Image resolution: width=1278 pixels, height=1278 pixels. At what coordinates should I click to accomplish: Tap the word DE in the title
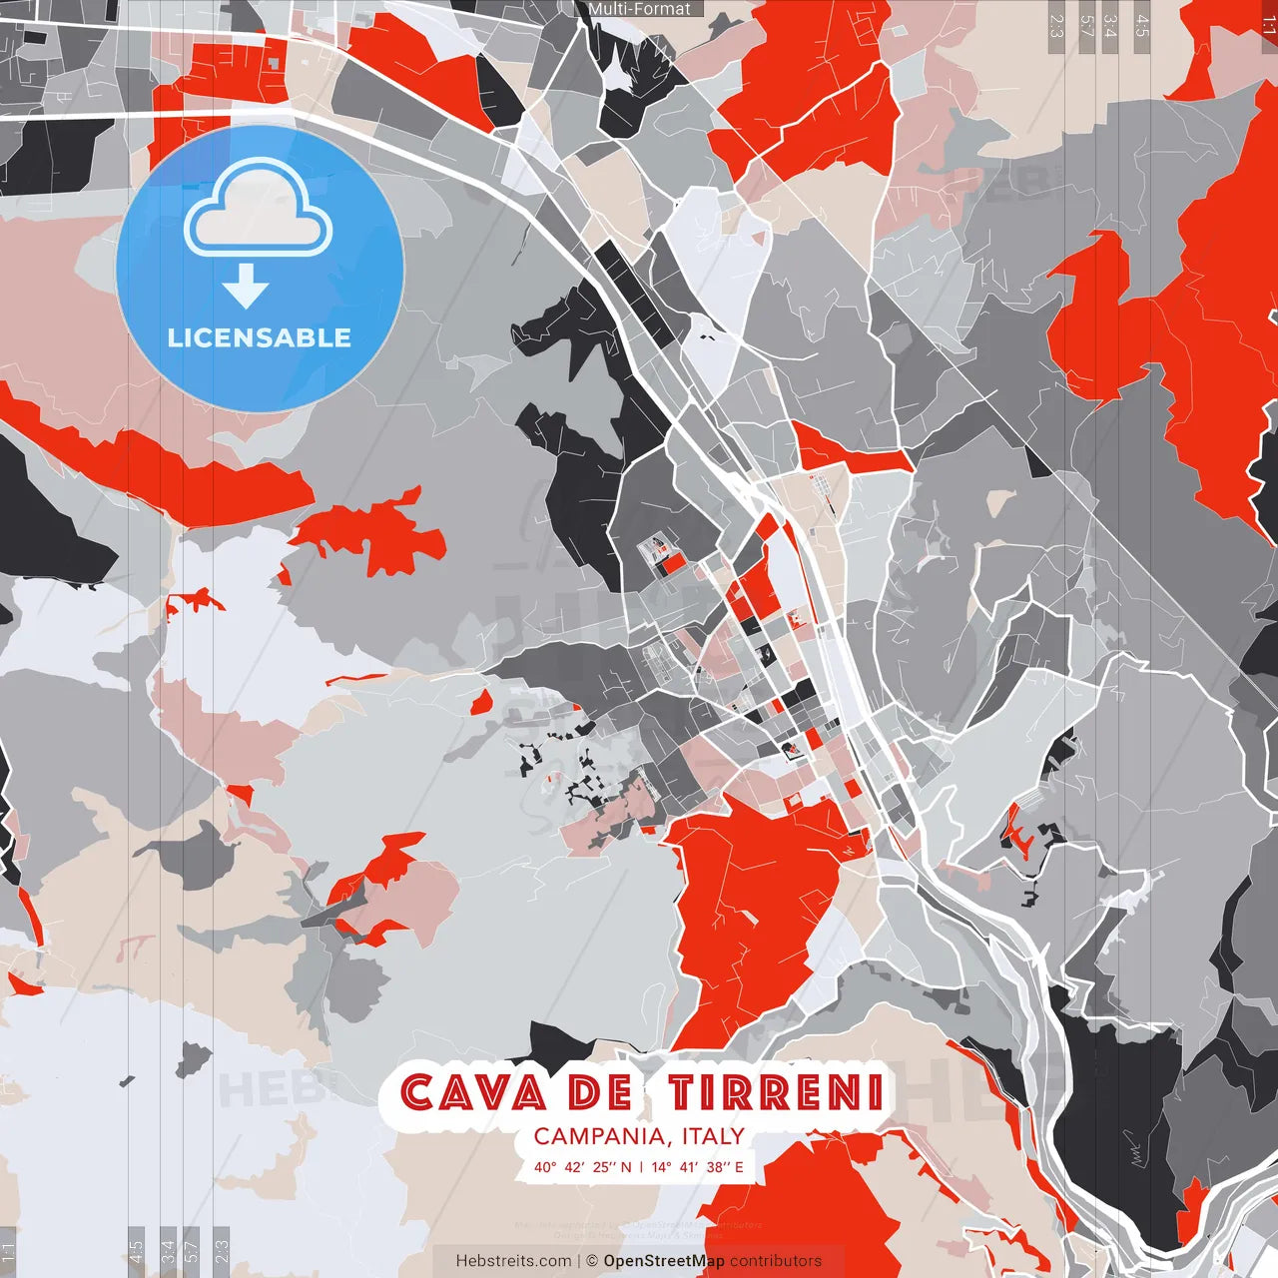point(598,1092)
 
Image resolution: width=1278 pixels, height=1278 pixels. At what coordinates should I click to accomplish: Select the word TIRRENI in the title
point(776,1092)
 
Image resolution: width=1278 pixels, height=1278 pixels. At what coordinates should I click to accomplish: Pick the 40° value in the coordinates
point(545,1166)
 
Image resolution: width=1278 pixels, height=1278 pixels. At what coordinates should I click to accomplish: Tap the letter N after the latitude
point(626,1166)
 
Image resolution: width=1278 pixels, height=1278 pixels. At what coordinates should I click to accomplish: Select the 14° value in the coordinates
point(661,1166)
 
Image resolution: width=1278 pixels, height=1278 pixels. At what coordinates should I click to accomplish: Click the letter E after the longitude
point(739,1166)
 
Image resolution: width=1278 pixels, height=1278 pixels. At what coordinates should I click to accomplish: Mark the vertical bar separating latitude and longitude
point(641,1166)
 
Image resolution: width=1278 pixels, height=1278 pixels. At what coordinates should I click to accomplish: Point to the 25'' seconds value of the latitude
point(605,1166)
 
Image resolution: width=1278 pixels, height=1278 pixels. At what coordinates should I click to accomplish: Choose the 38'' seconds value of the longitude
point(718,1166)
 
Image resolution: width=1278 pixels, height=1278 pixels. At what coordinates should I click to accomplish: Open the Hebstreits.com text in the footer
point(513,1261)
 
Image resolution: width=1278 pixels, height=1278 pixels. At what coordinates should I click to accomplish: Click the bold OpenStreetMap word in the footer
point(664,1261)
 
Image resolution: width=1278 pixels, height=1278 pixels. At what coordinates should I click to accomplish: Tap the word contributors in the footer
point(776,1261)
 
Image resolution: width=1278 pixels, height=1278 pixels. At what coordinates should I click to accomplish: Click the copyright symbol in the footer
point(591,1261)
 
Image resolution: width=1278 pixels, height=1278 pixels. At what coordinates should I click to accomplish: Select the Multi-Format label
point(639,9)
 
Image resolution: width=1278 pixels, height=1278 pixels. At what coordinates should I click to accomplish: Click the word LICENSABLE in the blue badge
point(260,337)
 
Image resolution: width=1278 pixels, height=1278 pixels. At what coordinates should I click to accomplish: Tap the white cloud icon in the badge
point(259,209)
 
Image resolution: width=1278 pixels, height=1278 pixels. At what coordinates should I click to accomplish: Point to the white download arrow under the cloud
point(246,288)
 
